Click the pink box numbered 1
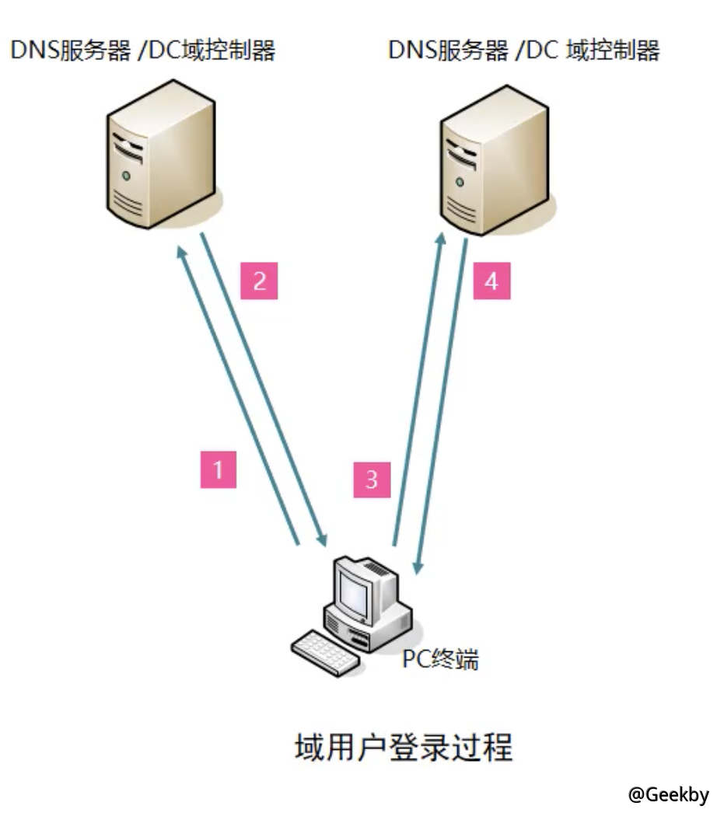(219, 469)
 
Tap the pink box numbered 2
(260, 281)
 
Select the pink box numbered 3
(372, 479)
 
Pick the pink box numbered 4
(491, 281)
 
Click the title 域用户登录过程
(404, 748)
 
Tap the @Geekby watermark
(668, 794)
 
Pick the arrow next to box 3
(417, 389)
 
